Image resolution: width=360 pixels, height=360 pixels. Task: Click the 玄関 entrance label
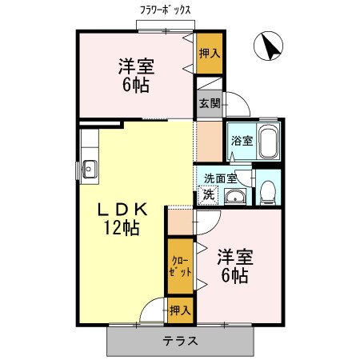click(207, 103)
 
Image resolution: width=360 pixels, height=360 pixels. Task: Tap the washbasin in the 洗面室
click(234, 198)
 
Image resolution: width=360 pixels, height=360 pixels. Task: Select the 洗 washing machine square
click(207, 194)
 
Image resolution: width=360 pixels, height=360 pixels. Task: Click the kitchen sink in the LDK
click(88, 169)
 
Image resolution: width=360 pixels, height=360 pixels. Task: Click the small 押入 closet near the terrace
click(179, 309)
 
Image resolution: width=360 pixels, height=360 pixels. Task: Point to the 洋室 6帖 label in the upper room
click(135, 75)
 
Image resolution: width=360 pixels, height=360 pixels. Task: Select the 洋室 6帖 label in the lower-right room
click(235, 266)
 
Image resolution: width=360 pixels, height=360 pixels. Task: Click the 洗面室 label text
click(220, 179)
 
